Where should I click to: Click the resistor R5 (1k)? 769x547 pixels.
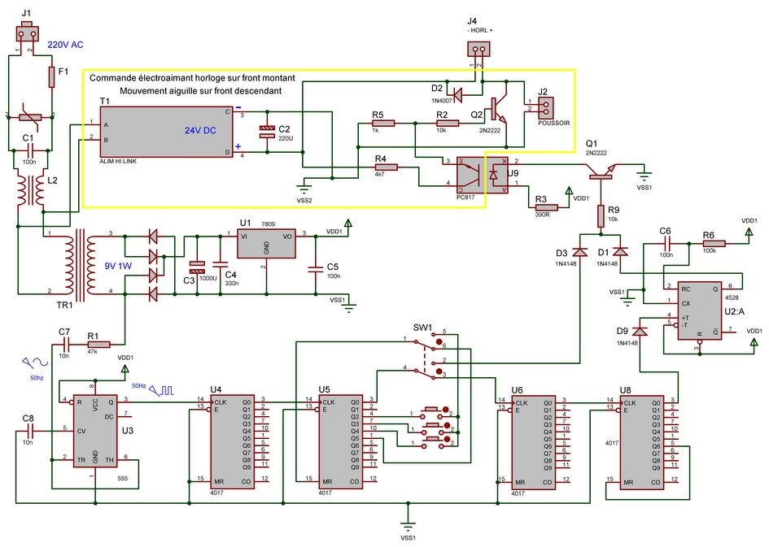click(382, 124)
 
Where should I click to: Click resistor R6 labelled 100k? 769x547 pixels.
click(714, 242)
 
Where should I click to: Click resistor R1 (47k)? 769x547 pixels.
click(98, 344)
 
